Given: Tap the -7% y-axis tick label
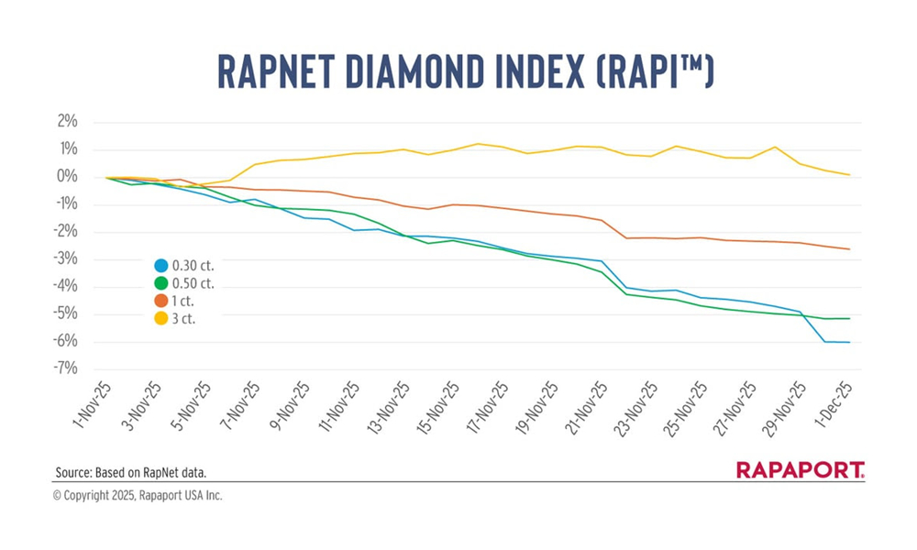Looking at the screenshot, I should (64, 368).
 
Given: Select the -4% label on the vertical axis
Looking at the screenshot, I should (64, 286).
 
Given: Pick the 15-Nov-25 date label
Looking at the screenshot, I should (436, 408).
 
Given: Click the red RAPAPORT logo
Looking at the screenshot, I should (801, 470).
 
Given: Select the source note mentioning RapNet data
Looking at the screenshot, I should (130, 472).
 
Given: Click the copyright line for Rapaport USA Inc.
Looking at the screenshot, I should (138, 495).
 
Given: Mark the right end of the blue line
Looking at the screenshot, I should (849, 342).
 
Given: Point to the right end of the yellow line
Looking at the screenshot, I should (849, 174).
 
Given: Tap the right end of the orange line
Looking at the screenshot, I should (849, 249).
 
